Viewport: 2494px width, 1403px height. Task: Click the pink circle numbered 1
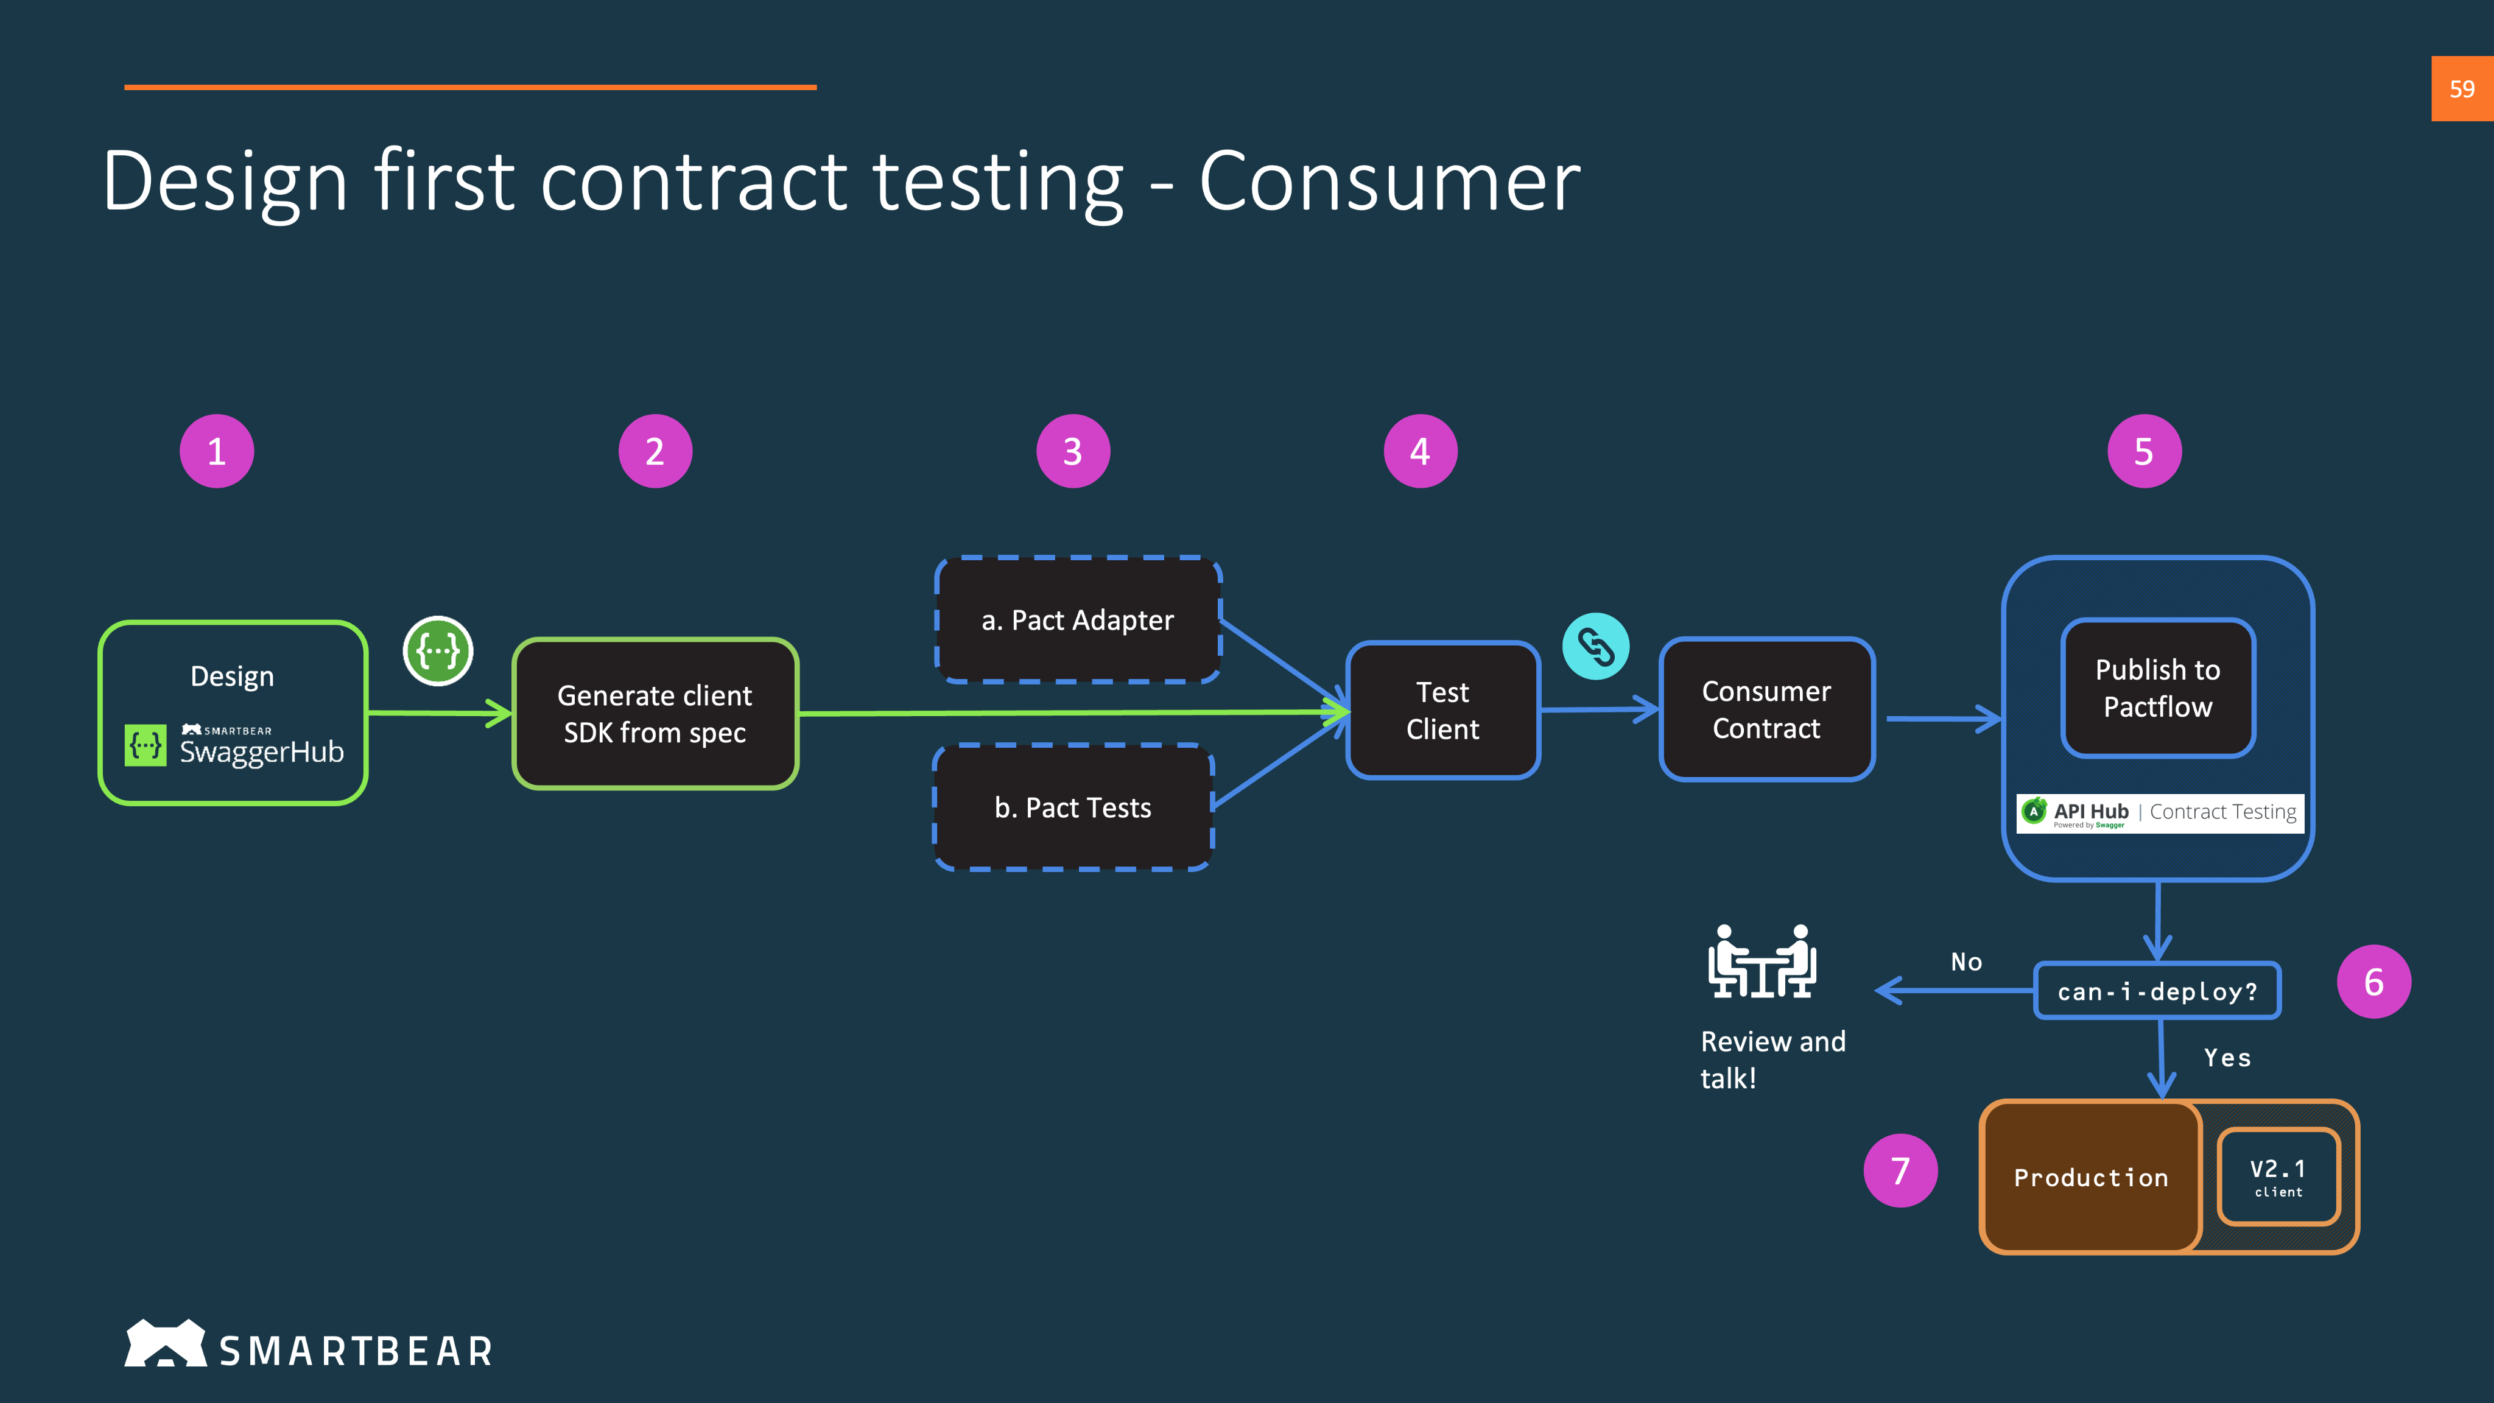coord(217,451)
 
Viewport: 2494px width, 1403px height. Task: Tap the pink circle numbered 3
coord(1073,451)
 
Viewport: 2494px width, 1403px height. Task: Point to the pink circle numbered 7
coord(1900,1170)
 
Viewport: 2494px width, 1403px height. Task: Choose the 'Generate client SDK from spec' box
coord(655,714)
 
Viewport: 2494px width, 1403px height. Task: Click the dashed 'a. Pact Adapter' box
coord(1078,620)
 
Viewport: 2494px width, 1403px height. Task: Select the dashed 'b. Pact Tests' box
coord(1073,807)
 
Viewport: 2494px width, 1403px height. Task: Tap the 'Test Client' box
coord(1442,711)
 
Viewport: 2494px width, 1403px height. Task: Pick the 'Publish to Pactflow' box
coord(2158,689)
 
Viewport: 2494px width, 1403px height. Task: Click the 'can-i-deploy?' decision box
coord(2157,991)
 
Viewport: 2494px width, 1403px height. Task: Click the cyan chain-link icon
coord(1595,647)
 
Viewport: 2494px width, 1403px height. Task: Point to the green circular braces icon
coord(438,651)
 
